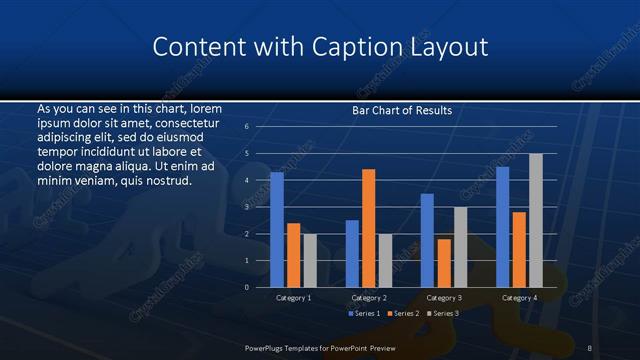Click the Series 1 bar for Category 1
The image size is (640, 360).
277,230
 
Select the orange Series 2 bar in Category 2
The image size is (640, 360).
368,228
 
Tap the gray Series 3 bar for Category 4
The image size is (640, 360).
535,220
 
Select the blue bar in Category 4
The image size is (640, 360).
503,227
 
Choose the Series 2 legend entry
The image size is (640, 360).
402,314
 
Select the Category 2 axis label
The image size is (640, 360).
368,298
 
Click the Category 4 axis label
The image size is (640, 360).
518,298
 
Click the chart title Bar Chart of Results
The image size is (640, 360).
402,110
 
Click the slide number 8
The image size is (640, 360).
590,347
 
